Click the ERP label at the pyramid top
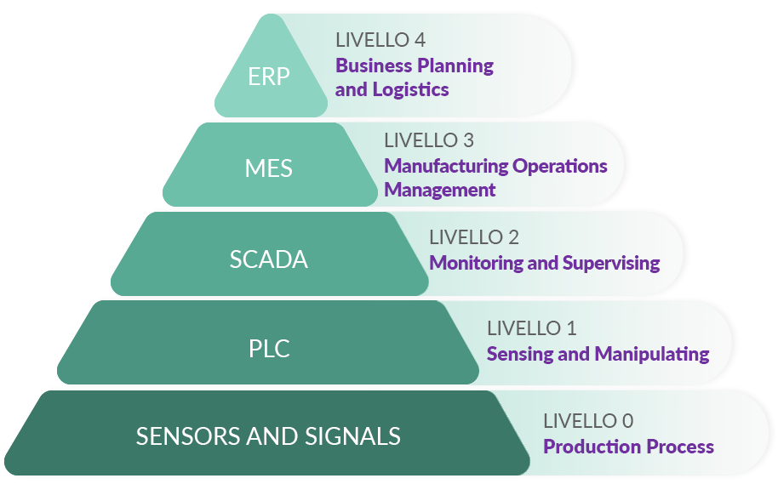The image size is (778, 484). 269,77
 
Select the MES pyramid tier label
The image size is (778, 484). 268,168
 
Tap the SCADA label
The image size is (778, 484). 268,259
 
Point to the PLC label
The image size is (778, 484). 269,349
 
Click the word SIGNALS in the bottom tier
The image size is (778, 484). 358,436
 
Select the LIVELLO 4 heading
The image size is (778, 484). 380,40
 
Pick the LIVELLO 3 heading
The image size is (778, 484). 429,140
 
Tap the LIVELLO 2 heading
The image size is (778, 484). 474,237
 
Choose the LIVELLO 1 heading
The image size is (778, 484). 531,328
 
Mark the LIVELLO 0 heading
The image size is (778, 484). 588,421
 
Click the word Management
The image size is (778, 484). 439,191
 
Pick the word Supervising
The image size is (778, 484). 608,264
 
